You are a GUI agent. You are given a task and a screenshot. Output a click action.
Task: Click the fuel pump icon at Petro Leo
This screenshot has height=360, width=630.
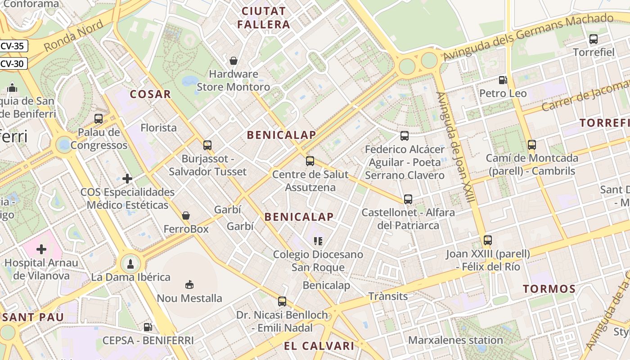(503, 81)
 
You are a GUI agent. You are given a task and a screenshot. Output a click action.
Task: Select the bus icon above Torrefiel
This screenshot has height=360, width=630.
(594, 39)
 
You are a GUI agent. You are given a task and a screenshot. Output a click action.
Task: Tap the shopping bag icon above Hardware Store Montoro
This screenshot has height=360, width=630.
(234, 60)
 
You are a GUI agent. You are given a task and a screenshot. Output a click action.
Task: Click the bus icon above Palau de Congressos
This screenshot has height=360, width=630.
(99, 119)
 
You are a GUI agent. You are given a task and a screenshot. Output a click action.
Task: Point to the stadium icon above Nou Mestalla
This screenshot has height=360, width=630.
(189, 284)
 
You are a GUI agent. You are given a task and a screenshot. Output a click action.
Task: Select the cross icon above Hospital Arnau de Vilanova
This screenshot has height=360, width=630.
(41, 249)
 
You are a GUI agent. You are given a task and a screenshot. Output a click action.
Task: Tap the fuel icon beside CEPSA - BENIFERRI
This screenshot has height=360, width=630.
(147, 327)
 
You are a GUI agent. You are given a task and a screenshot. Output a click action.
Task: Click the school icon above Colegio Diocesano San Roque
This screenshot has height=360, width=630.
(318, 241)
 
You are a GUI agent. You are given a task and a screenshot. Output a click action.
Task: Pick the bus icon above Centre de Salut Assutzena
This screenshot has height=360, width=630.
(310, 161)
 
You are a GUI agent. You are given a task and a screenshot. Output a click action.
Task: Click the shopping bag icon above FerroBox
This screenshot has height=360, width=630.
(186, 216)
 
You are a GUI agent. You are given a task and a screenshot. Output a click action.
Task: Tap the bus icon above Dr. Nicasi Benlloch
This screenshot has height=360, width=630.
(282, 301)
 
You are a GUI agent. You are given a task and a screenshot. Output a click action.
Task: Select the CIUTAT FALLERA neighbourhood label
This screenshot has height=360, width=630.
(264, 18)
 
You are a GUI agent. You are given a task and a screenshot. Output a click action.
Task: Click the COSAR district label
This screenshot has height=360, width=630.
(150, 94)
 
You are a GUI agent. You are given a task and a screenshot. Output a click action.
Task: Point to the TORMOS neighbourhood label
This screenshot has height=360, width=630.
(549, 289)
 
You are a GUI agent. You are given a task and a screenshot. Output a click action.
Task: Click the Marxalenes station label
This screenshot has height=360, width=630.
(455, 340)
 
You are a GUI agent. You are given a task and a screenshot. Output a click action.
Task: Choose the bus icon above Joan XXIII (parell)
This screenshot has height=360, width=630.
(488, 240)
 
